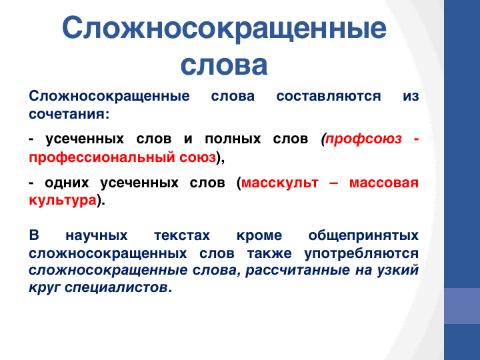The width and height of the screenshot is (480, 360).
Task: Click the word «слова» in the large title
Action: tap(224, 65)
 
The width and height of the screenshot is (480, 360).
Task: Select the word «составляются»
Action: tap(329, 96)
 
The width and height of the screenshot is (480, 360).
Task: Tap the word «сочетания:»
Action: tap(69, 114)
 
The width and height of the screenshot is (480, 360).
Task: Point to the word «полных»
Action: tap(233, 139)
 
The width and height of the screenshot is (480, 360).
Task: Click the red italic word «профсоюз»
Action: tap(363, 139)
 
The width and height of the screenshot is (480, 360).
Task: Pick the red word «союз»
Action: tap(198, 157)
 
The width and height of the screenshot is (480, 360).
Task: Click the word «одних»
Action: tap(67, 183)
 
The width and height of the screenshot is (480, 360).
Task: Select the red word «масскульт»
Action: tap(280, 183)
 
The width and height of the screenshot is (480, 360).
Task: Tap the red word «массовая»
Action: tap(384, 183)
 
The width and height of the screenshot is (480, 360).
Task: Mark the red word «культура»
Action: tap(63, 201)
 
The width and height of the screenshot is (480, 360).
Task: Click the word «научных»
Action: tap(97, 236)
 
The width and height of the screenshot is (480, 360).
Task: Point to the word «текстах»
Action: tap(182, 236)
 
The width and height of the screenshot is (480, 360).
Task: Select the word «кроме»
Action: tap(259, 236)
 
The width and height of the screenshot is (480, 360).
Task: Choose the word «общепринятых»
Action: tap(363, 236)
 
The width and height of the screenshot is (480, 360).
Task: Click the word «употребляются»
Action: tap(361, 254)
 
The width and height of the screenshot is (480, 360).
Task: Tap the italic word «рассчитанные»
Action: tap(297, 270)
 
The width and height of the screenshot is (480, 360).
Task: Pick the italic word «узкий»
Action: tap(397, 270)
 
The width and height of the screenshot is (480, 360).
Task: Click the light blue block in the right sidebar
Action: tap(462, 306)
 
